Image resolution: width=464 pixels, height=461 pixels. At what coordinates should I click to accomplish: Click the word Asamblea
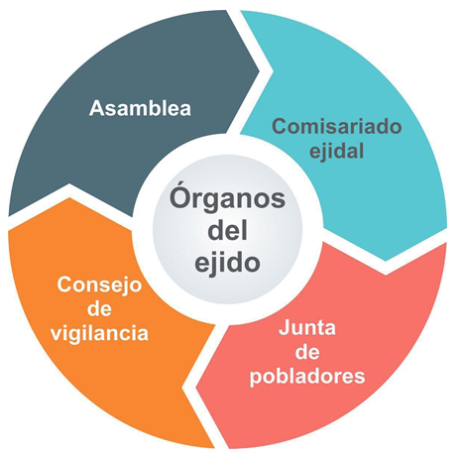(140, 108)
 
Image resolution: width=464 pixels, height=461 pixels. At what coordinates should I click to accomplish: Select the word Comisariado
(337, 127)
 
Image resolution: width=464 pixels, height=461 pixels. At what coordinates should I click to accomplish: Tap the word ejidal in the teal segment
(336, 152)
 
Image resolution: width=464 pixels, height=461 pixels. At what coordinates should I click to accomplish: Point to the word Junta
(307, 328)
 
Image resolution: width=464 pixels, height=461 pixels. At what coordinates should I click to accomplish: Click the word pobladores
(307, 377)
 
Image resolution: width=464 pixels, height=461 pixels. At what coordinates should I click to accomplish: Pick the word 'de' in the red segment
(307, 352)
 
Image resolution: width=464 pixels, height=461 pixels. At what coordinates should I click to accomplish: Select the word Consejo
(99, 285)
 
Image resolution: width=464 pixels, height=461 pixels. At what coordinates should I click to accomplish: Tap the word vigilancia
(99, 333)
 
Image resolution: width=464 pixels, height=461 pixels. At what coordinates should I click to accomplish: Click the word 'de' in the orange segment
(99, 309)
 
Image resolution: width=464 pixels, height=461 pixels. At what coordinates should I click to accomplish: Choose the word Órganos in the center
(227, 197)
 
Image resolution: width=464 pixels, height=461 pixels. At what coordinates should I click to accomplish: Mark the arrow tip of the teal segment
(386, 261)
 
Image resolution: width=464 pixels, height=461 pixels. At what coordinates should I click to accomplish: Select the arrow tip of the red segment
(196, 388)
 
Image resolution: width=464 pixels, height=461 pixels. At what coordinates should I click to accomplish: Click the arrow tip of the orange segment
(69, 198)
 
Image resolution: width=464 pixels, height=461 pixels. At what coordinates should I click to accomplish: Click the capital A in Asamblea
(97, 108)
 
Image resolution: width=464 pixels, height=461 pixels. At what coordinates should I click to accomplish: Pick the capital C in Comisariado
(280, 127)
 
